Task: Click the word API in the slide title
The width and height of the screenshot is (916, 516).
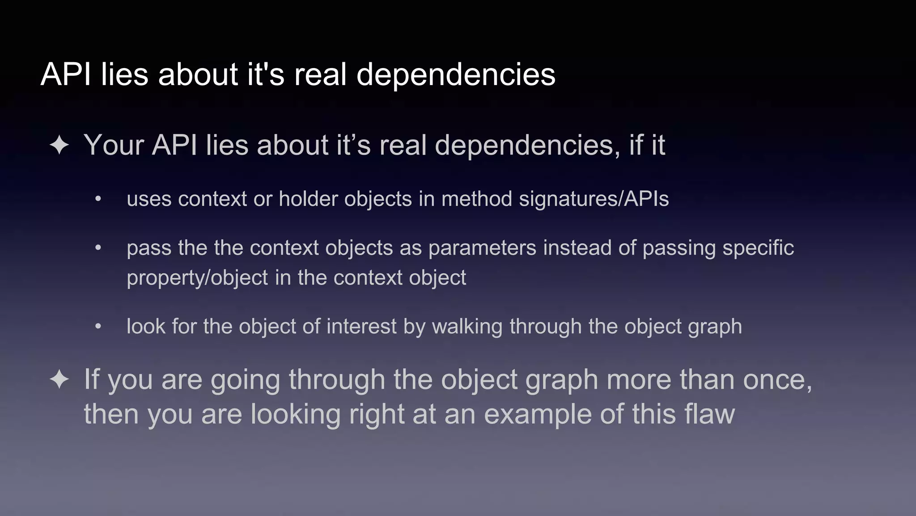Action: tap(67, 74)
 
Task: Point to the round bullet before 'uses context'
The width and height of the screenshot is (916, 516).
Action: tap(98, 199)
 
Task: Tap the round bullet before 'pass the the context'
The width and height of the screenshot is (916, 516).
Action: tap(98, 248)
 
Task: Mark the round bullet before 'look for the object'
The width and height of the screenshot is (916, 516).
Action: tap(98, 327)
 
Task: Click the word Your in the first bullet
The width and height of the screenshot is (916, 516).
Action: tap(114, 146)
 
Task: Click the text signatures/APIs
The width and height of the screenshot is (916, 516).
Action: tap(594, 199)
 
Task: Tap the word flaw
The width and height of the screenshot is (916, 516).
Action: tap(709, 414)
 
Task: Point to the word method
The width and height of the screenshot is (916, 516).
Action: tap(476, 199)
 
